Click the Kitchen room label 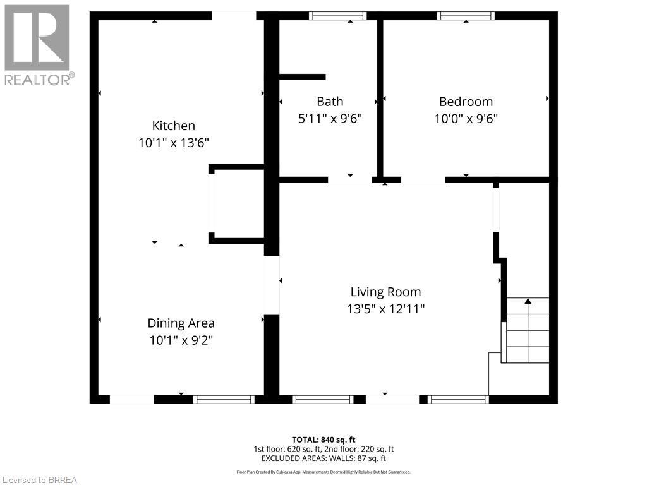173,126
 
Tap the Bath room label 330,102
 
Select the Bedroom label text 466,102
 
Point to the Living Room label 385,292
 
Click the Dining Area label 181,323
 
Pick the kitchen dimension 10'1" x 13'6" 173,143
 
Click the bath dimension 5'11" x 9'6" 330,118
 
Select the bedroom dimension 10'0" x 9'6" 466,118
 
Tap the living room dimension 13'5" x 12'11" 385,309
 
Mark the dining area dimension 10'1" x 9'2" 181,340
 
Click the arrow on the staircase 528,302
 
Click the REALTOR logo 37,45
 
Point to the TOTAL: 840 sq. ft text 323,440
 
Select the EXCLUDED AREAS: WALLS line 323,458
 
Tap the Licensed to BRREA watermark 39,480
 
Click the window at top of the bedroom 466,16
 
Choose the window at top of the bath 338,16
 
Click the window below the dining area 224,399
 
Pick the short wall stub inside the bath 302,77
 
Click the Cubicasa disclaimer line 323,472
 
